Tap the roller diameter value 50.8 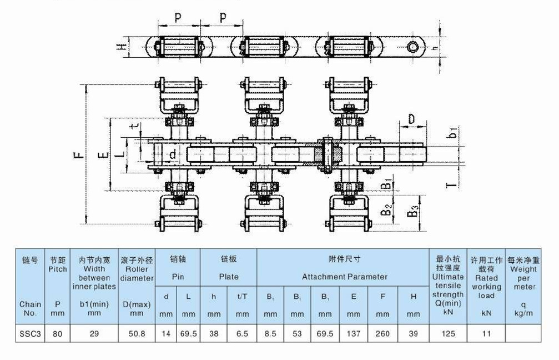(137, 334)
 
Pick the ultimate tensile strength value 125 (447, 334)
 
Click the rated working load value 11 (486, 334)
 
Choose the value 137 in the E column (354, 334)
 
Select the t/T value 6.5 (242, 334)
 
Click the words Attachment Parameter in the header (345, 276)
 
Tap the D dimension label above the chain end (411, 119)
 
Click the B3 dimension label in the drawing (412, 212)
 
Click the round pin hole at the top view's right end (414, 47)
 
